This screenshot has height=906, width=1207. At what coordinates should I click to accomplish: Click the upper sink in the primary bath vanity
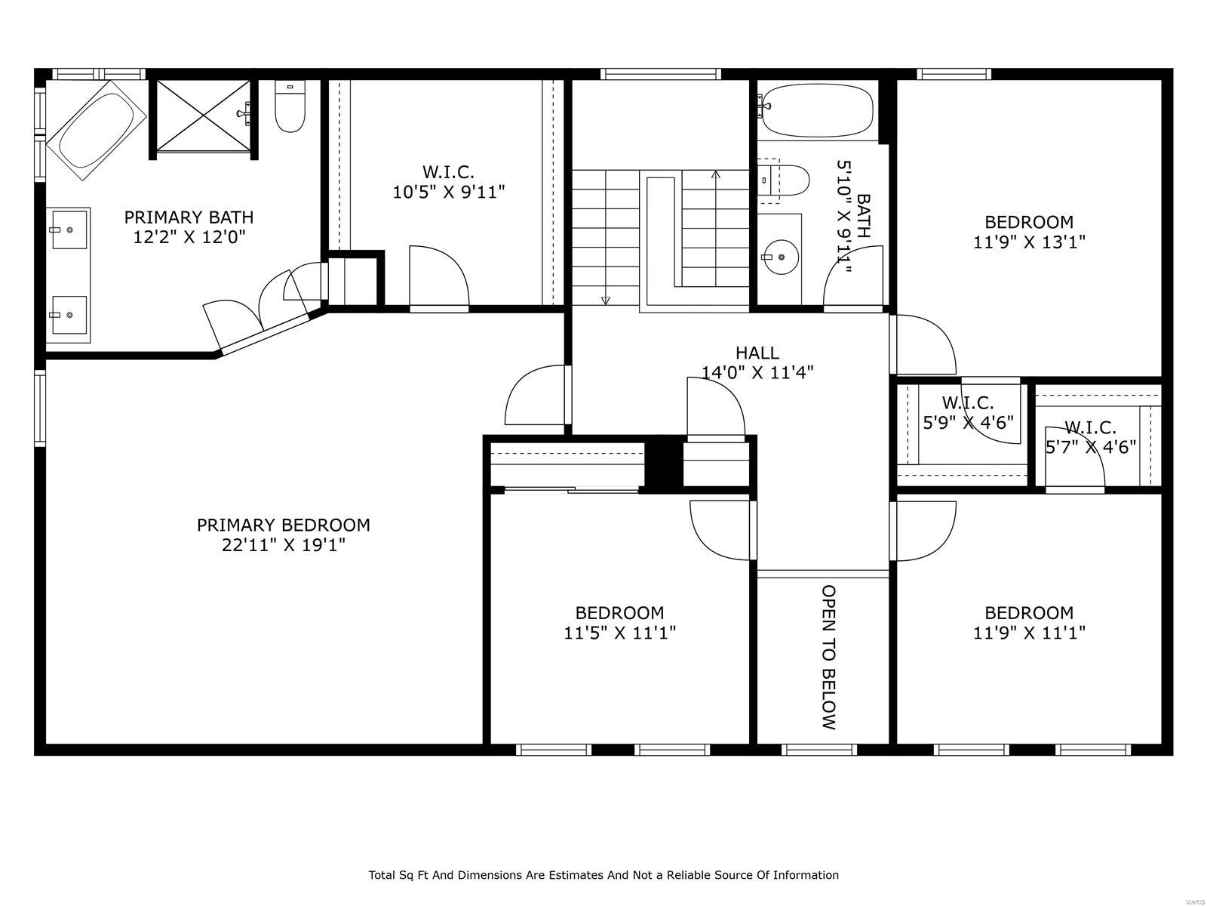pos(69,228)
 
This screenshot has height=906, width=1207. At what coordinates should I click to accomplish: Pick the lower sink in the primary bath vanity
pos(69,314)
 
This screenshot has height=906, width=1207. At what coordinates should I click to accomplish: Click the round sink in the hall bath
pos(780,257)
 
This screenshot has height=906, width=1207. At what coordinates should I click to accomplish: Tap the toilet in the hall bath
pos(787,180)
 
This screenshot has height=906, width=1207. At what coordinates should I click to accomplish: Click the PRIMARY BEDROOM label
pos(283,525)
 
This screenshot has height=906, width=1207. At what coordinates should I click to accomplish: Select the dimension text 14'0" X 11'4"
pos(757,372)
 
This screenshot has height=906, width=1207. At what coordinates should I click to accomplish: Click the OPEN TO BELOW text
pos(828,657)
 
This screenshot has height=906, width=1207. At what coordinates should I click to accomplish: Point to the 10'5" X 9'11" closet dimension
pos(448,192)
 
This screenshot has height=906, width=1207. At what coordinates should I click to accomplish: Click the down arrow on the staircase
pos(605,300)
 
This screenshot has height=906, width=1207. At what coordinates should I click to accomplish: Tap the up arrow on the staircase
pos(715,175)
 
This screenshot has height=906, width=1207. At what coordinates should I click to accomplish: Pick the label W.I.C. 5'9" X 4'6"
pos(968,412)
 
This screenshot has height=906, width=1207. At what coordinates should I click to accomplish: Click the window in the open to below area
pos(819,750)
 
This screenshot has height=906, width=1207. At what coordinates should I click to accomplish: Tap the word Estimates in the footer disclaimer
pos(574,875)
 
